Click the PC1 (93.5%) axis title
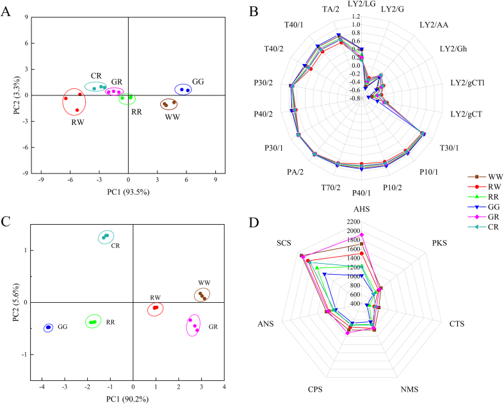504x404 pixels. pos(128,190)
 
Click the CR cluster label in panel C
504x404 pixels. pos(116,245)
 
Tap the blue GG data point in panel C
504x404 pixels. pos(48,328)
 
